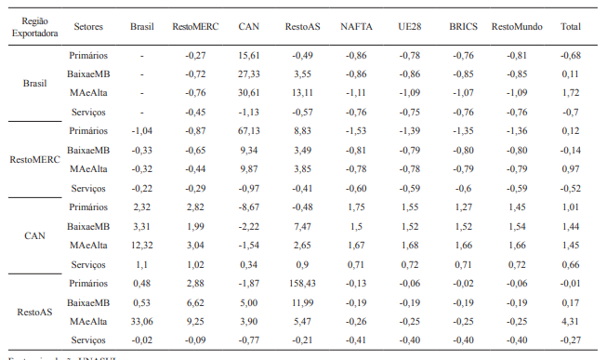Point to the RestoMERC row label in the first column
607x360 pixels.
point(34,159)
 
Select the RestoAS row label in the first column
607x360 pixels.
point(34,312)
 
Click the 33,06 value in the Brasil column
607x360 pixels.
point(142,321)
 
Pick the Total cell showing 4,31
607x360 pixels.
point(571,321)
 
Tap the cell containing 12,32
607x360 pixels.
point(142,245)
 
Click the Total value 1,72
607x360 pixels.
point(571,93)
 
